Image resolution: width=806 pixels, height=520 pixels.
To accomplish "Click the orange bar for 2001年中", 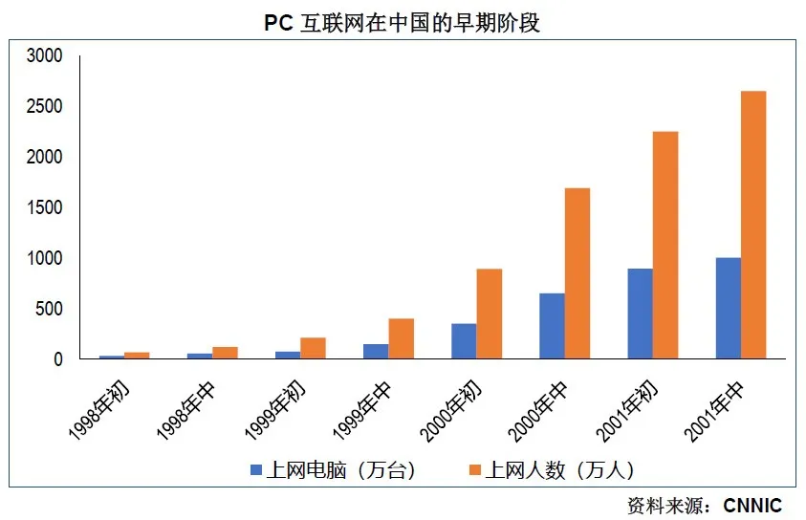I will (753, 225).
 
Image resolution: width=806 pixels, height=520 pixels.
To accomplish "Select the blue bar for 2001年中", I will (728, 308).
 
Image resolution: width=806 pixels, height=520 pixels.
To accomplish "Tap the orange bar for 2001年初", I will (665, 245).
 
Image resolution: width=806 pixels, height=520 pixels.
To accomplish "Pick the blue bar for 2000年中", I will (552, 326).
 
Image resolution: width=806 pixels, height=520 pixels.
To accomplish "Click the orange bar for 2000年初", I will (489, 314).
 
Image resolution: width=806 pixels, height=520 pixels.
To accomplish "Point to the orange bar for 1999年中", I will (401, 338).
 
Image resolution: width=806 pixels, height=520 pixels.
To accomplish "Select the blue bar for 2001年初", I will (640, 314).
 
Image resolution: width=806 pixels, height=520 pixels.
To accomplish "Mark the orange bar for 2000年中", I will (577, 273).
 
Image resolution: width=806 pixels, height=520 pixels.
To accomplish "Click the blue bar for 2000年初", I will (464, 341).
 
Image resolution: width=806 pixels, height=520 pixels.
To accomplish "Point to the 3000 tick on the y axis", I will (45, 56).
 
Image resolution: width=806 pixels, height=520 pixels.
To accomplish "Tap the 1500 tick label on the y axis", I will (45, 208).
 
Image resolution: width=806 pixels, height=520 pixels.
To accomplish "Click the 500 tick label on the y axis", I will (50, 309).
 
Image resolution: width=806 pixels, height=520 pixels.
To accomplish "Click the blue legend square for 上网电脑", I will (255, 469).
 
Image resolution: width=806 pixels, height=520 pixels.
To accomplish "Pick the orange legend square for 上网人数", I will (472, 469).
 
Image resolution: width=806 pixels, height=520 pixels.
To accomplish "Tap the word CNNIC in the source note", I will (752, 505).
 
